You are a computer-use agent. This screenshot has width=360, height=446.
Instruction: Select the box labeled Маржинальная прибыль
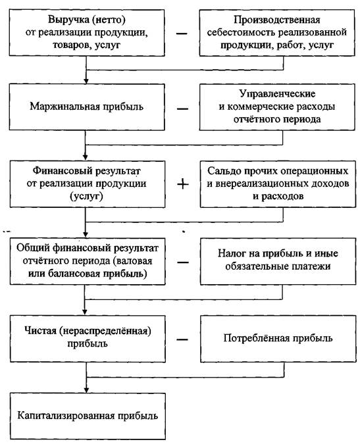pyautogui.click(x=87, y=107)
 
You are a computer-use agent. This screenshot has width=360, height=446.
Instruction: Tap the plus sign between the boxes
pyautogui.click(x=183, y=184)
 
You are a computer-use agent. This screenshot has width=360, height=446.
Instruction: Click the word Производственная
pyautogui.click(x=276, y=20)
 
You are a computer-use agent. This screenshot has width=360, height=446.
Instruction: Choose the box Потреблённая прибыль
pyautogui.click(x=278, y=339)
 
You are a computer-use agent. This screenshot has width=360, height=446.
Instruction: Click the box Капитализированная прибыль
pyautogui.click(x=88, y=416)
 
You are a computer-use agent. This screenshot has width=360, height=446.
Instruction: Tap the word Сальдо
pyautogui.click(x=224, y=171)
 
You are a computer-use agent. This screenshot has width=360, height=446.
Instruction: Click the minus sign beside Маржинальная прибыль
pyautogui.click(x=182, y=109)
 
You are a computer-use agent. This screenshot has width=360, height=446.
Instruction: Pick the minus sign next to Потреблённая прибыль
pyautogui.click(x=182, y=339)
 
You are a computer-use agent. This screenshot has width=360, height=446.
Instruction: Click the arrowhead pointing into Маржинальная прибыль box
pyautogui.click(x=86, y=81)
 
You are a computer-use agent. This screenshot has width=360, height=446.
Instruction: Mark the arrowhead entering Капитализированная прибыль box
pyautogui.click(x=86, y=389)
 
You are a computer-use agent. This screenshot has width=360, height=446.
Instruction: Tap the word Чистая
pyautogui.click(x=40, y=331)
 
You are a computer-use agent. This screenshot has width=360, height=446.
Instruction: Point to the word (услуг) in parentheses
pyautogui.click(x=86, y=196)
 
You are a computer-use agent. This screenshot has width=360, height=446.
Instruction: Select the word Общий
pyautogui.click(x=33, y=248)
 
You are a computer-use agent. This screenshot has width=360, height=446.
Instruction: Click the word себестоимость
pyautogui.click(x=242, y=32)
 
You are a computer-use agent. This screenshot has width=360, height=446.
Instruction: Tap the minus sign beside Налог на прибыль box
pyautogui.click(x=183, y=262)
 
